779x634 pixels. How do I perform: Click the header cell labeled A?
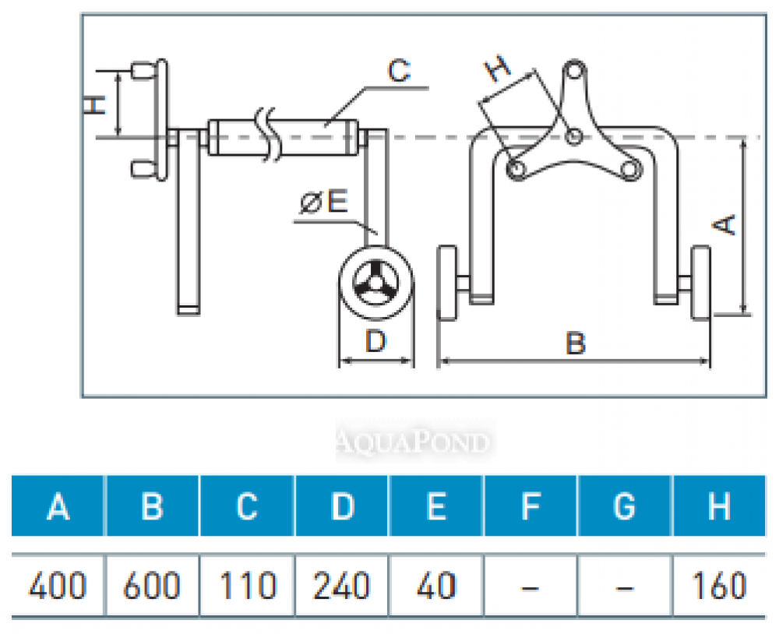[58, 506]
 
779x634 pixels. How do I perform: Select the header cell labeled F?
[530, 506]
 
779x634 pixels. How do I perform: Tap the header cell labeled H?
[719, 506]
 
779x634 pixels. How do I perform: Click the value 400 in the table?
[58, 585]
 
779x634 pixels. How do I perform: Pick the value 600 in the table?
[153, 585]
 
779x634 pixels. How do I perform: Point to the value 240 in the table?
[342, 585]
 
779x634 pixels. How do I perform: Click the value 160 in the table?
[719, 585]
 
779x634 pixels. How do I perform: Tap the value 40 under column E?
[436, 585]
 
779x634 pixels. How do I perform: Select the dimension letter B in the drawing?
[575, 343]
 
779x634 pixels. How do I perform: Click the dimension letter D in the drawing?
[376, 340]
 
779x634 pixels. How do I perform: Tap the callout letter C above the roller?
[398, 72]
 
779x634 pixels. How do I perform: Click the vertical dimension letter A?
[726, 224]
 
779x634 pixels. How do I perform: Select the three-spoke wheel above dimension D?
[375, 284]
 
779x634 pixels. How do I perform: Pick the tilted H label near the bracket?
[499, 69]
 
